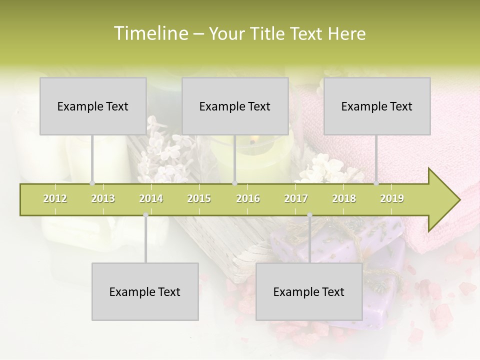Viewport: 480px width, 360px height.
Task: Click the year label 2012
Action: (x=55, y=198)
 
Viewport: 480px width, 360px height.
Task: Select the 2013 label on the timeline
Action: (x=103, y=198)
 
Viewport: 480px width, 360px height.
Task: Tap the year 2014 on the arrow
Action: (x=151, y=198)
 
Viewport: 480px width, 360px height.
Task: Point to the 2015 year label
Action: (x=199, y=198)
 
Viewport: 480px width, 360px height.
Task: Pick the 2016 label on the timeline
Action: (x=248, y=198)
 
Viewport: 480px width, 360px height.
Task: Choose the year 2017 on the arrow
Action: (x=296, y=198)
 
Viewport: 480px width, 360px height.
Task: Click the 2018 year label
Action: (x=344, y=198)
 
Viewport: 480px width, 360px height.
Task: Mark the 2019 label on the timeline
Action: (x=392, y=198)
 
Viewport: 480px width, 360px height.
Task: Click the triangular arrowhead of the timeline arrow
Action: (x=442, y=200)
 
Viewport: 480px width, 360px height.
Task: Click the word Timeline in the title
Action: (x=149, y=33)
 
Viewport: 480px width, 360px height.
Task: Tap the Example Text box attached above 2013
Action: (x=93, y=106)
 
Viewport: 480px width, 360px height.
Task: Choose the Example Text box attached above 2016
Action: (x=235, y=106)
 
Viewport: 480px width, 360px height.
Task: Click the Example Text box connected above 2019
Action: (x=377, y=106)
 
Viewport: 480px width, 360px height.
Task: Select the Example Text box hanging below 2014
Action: (x=145, y=291)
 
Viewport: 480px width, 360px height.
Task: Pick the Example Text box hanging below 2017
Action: (x=309, y=291)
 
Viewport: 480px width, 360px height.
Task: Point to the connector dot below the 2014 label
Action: (x=145, y=215)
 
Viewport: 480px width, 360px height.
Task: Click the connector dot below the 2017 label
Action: (x=309, y=215)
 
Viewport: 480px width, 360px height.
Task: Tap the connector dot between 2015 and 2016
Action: (x=234, y=183)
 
